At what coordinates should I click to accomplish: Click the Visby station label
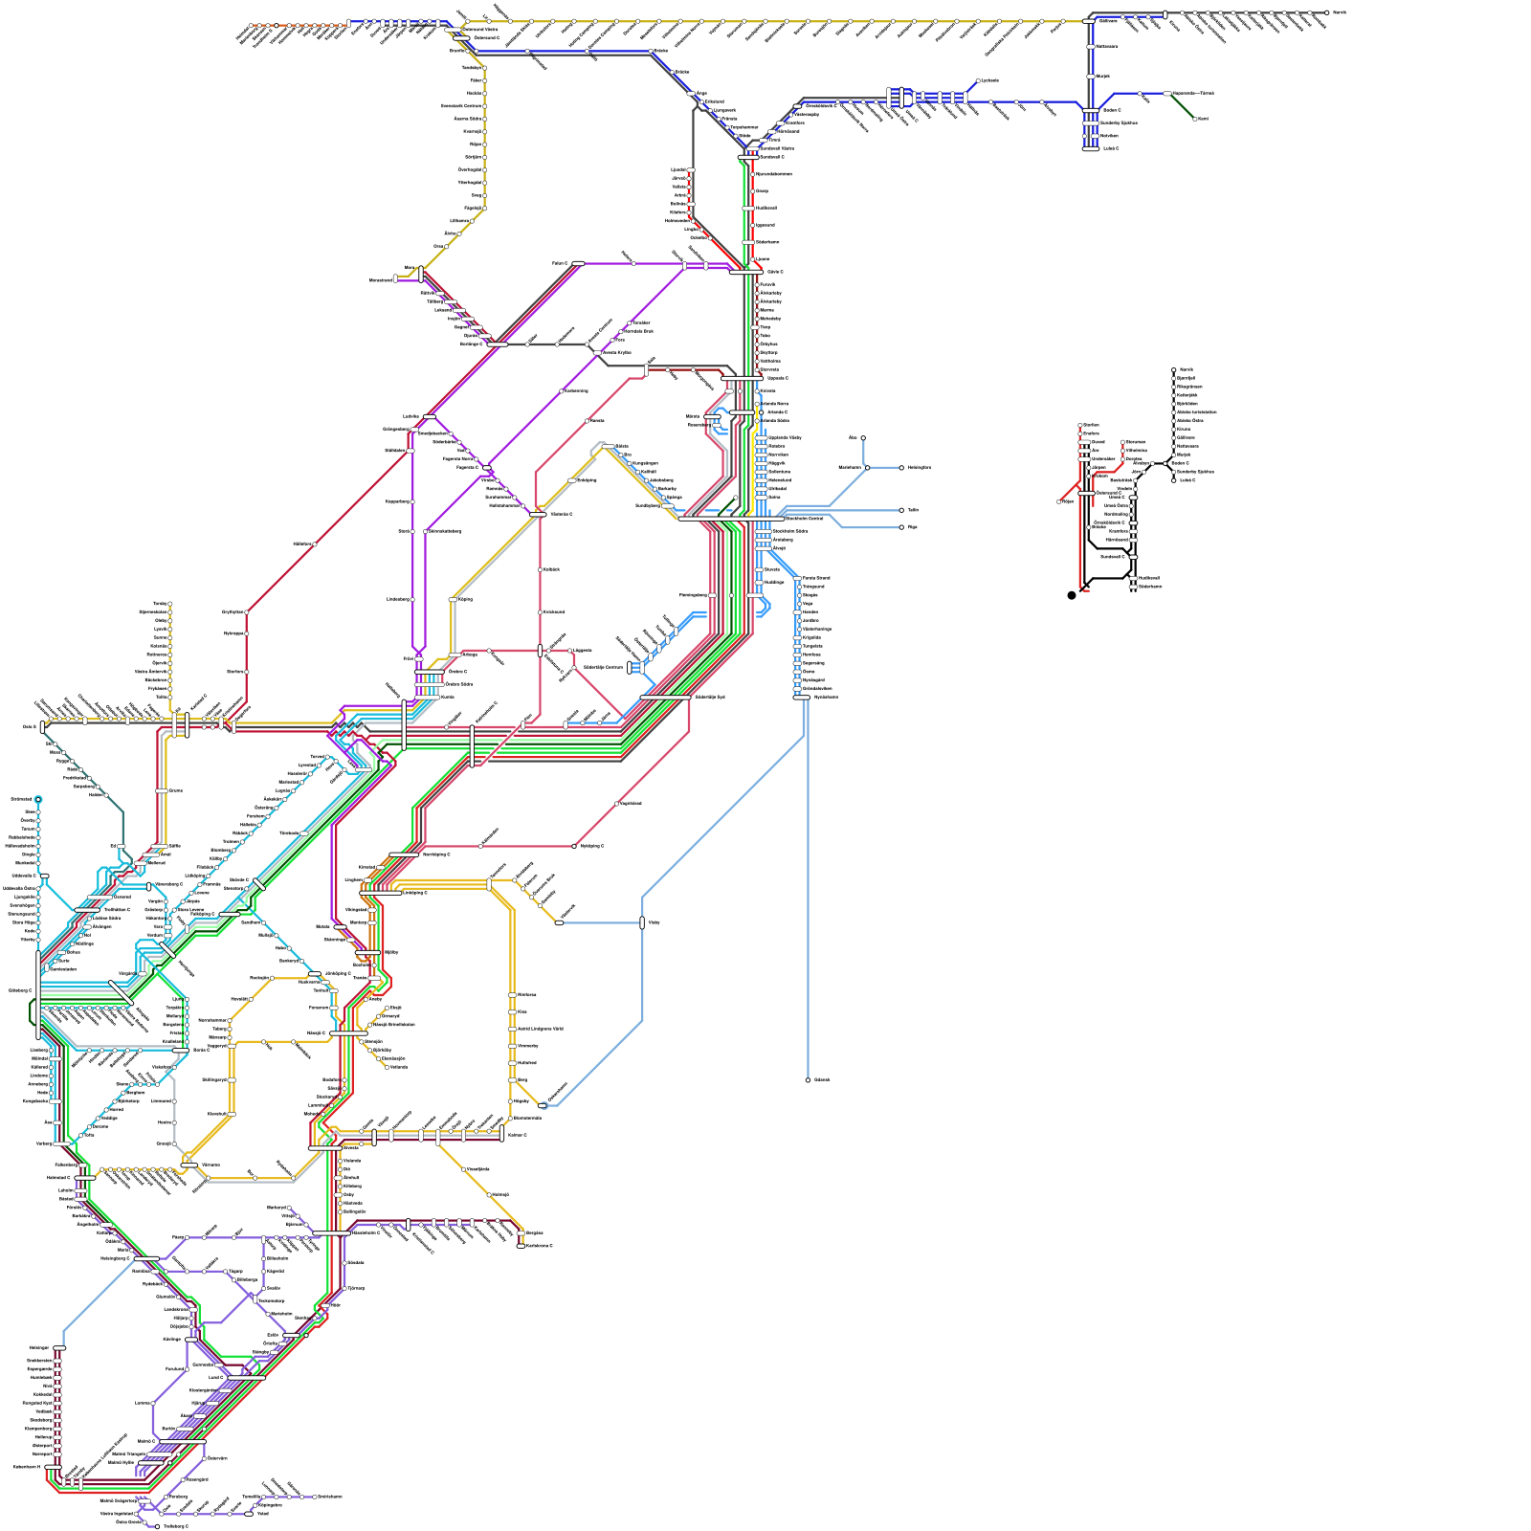[654, 923]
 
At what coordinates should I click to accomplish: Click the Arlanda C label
[778, 412]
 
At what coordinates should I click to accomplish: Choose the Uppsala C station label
[777, 378]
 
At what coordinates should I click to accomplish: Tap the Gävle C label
[775, 272]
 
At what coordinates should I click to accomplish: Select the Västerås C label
[561, 514]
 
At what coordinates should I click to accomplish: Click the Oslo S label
[29, 727]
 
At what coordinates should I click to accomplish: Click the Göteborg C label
[20, 990]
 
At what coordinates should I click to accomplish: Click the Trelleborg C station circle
[157, 1526]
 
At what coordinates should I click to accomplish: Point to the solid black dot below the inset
[1072, 595]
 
